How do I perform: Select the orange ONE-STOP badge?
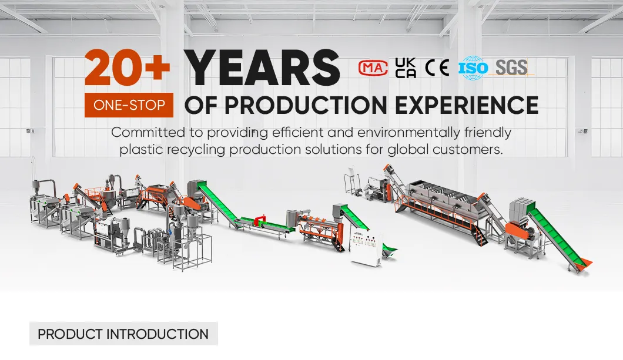tap(129, 106)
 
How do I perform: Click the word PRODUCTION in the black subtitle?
tap(305, 105)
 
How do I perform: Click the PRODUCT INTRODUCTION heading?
tap(123, 334)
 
